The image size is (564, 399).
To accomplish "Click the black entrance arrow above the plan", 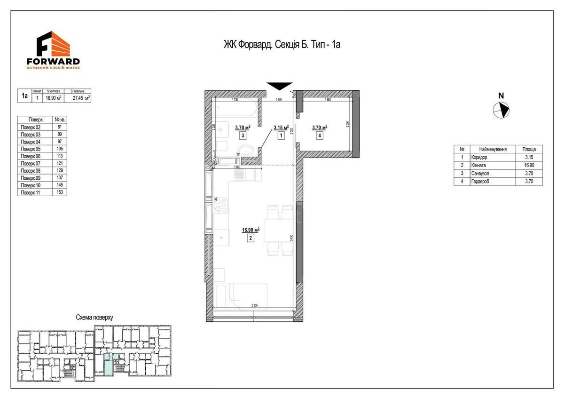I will tap(279, 86).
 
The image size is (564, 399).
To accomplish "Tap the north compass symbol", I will tap(501, 110).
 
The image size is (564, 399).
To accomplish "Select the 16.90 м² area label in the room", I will tap(251, 230).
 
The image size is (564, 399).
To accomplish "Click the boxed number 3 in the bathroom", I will tap(243, 136).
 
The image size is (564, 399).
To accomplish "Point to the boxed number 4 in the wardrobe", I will tap(320, 136).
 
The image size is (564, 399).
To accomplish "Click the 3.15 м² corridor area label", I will tap(281, 127).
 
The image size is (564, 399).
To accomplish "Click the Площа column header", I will tap(529, 149).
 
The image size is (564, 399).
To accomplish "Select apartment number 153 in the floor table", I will tap(59, 192).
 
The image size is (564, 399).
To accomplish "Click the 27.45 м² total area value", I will tap(81, 98).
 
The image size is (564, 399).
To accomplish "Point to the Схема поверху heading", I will tap(94, 318).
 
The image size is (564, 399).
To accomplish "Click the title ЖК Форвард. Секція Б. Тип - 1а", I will tap(282, 45).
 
